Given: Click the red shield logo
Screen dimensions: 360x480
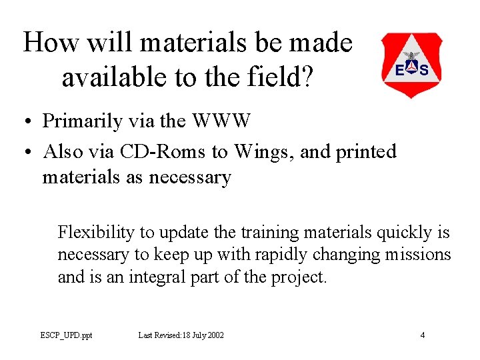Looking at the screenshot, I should [x=411, y=64].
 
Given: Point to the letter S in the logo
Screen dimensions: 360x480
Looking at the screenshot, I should [x=424, y=69].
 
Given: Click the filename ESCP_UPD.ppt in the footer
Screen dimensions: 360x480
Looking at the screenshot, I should [x=66, y=335].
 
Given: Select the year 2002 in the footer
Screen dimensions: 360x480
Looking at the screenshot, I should [x=214, y=335].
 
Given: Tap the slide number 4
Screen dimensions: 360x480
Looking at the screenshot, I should [x=423, y=335].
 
